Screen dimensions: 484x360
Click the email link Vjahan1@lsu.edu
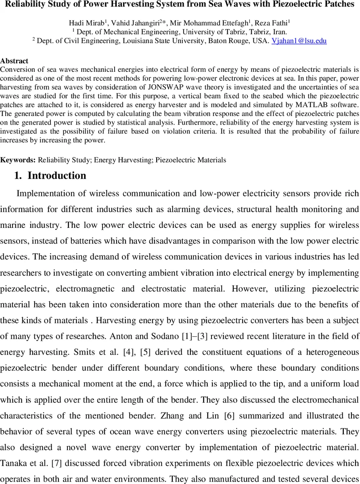click(x=299, y=41)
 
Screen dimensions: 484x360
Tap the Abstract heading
click(x=14, y=61)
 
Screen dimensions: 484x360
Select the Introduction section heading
click(x=57, y=175)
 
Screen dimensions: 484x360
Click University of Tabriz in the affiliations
click(x=211, y=32)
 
